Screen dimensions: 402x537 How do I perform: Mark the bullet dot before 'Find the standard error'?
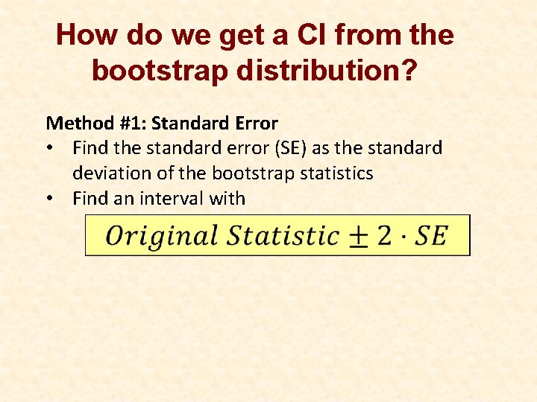click(49, 148)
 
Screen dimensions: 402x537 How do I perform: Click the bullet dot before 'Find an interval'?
click(49, 199)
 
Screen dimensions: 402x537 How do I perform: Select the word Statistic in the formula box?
click(283, 236)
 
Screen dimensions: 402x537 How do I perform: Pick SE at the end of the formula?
click(430, 236)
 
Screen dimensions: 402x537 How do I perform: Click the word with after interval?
click(228, 199)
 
